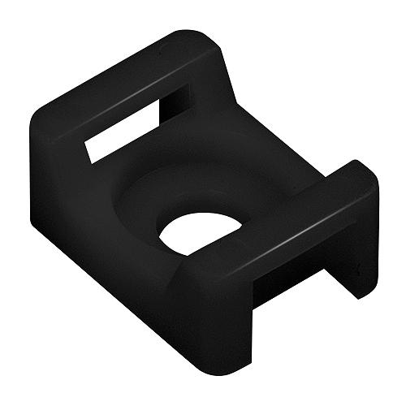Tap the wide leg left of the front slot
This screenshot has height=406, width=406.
coord(215,317)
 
